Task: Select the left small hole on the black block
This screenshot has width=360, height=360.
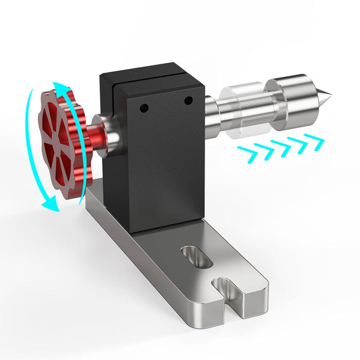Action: pos(144,109)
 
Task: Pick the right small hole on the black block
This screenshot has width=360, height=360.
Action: pos(188,100)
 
